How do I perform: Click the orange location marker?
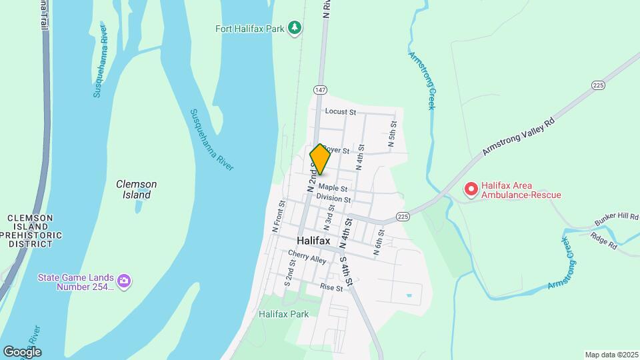coord(320,159)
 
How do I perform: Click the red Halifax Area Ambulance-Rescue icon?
coord(471,190)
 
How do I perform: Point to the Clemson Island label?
coord(136,189)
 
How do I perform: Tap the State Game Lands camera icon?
coord(123,282)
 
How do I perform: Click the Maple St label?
coord(333,188)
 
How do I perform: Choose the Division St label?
coord(333,199)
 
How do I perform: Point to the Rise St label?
coord(331,287)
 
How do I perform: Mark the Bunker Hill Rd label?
coord(616,219)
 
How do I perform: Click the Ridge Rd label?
coord(603,241)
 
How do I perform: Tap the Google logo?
coord(22,351)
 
